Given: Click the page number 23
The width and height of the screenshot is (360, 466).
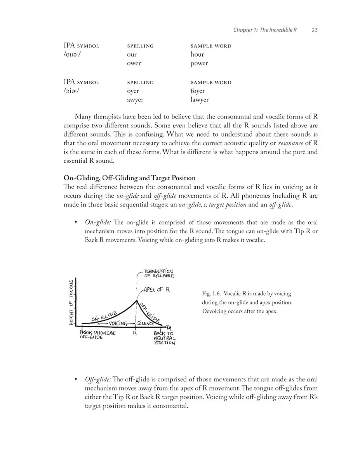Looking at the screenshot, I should (x=315, y=30).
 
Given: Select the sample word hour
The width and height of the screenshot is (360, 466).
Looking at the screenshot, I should (x=197, y=54).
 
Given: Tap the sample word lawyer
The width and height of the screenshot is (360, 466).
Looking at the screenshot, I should (x=200, y=100).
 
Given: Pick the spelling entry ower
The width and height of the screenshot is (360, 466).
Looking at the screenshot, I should (x=134, y=63).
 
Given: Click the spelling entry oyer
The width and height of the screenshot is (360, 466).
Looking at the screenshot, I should (x=133, y=91).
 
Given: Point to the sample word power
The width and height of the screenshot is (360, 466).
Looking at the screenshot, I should (x=199, y=63).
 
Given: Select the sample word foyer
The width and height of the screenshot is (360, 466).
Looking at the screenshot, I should (x=198, y=91).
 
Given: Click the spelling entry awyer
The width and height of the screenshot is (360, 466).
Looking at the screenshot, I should (x=135, y=100).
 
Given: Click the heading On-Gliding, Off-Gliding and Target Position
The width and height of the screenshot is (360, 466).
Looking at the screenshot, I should (x=129, y=178).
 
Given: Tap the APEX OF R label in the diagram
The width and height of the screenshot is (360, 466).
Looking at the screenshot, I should (x=157, y=290).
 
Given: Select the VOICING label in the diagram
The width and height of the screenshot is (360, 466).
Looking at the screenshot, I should (x=118, y=323).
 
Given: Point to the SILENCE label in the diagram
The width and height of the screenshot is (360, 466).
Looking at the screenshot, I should (x=146, y=323).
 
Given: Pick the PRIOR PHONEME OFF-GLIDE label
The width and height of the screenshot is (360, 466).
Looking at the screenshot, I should (x=97, y=335).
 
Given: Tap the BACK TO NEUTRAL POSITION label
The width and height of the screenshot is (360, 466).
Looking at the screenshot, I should (x=164, y=338).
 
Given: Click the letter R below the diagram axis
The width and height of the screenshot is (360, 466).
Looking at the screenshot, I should (x=135, y=333).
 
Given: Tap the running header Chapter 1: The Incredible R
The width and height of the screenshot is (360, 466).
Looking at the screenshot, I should (x=265, y=30).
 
